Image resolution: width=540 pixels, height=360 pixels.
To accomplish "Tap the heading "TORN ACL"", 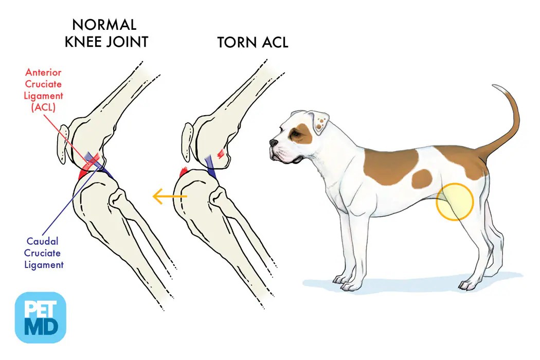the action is coord(253,42).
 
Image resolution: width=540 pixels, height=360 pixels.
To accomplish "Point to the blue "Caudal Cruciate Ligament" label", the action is coord(44,253).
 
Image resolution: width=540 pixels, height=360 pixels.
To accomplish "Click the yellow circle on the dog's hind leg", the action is coord(455,202).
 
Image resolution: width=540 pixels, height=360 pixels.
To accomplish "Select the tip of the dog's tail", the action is coord(495,86).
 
